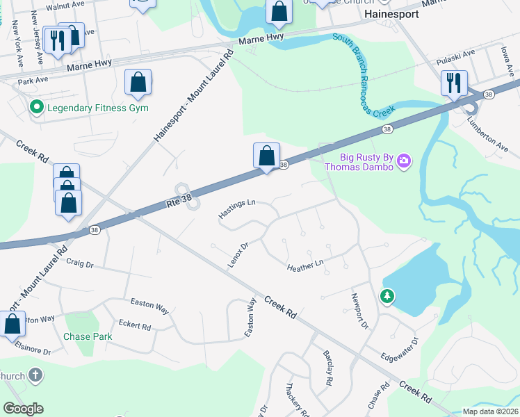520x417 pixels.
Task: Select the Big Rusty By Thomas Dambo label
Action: pos(366,162)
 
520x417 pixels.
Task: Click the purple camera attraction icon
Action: pos(404,163)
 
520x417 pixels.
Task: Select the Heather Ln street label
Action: pos(305,265)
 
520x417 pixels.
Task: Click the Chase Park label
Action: pos(88,336)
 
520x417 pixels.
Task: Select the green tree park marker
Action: pos(387,297)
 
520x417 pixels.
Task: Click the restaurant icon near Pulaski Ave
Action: pos(453,83)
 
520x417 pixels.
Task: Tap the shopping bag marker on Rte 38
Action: pos(266,156)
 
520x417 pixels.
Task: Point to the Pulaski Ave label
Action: pos(455,56)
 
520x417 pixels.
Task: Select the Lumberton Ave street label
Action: pos(487,128)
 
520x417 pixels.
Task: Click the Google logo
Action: pos(23,409)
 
